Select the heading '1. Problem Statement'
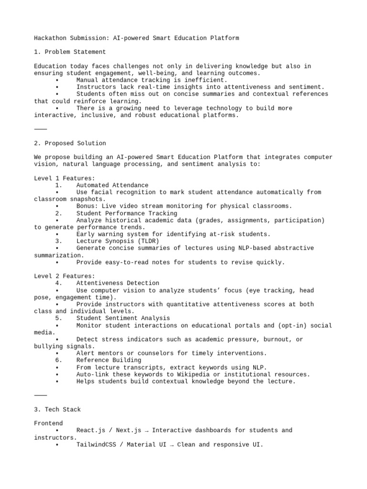point(70,52)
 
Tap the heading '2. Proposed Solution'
point(70,143)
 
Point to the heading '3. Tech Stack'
point(58,409)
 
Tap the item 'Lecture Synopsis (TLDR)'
point(118,241)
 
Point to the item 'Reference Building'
point(108,360)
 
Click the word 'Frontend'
point(48,423)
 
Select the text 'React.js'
point(91,430)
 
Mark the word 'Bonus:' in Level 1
point(87,206)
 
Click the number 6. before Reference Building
point(59,360)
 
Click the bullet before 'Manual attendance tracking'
point(57,80)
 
